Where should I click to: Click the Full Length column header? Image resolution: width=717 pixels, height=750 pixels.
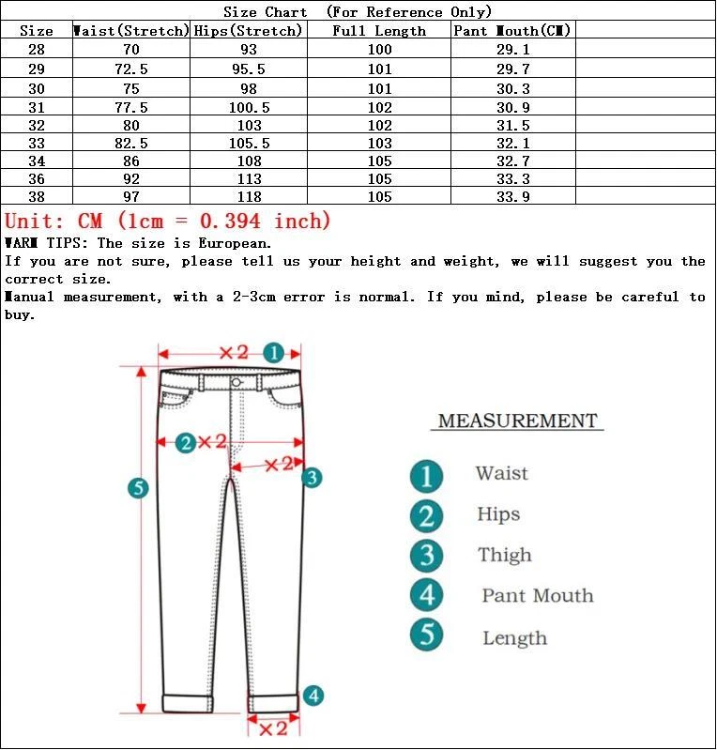pyautogui.click(x=379, y=31)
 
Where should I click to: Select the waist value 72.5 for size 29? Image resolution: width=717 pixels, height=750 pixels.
pyautogui.click(x=130, y=69)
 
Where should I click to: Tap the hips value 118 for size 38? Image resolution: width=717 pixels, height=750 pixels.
pyautogui.click(x=250, y=196)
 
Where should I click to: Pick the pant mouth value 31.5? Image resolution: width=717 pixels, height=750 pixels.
pyautogui.click(x=512, y=125)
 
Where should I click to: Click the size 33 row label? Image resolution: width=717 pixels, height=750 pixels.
pyautogui.click(x=37, y=144)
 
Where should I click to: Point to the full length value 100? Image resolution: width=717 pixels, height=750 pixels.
pyautogui.click(x=379, y=49)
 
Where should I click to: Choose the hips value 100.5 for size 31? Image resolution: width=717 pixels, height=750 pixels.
pyautogui.click(x=250, y=107)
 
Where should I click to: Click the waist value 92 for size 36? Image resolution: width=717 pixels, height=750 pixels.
pyautogui.click(x=130, y=178)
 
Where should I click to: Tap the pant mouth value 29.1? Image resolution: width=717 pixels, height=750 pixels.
pyautogui.click(x=512, y=49)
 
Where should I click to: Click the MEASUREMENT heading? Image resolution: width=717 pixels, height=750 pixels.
pyautogui.click(x=517, y=421)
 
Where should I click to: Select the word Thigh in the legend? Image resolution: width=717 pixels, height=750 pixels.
pyautogui.click(x=504, y=555)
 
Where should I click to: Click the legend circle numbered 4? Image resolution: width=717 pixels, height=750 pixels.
pyautogui.click(x=427, y=595)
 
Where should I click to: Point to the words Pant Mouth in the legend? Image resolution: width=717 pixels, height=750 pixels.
pyautogui.click(x=538, y=595)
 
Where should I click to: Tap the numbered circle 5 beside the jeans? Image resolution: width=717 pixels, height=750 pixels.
pyautogui.click(x=138, y=487)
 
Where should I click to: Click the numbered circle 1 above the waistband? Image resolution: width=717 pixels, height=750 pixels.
pyautogui.click(x=273, y=353)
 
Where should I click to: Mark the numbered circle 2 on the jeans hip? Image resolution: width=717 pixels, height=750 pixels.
pyautogui.click(x=186, y=442)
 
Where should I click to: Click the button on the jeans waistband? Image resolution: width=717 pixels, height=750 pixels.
pyautogui.click(x=236, y=382)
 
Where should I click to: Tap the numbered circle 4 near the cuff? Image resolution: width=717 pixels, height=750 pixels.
pyautogui.click(x=313, y=696)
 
